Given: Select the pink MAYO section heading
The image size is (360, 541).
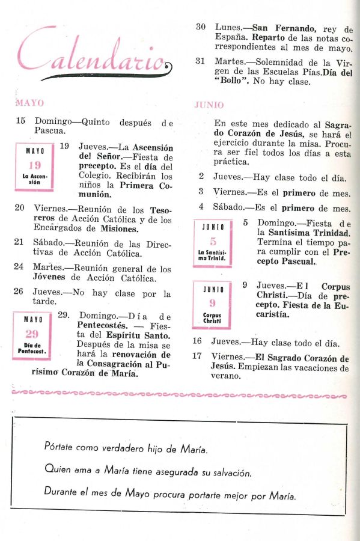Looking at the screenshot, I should [x=29, y=103].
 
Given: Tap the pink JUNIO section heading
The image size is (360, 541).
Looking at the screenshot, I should [x=209, y=105].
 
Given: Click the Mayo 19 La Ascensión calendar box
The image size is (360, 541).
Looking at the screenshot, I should [x=35, y=167].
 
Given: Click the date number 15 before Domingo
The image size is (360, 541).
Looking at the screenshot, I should [x=20, y=121].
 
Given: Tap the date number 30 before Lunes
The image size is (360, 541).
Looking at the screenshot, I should [x=202, y=28].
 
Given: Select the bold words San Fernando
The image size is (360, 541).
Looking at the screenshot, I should [x=281, y=28].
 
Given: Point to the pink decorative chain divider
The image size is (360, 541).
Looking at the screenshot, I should [x=180, y=395].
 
